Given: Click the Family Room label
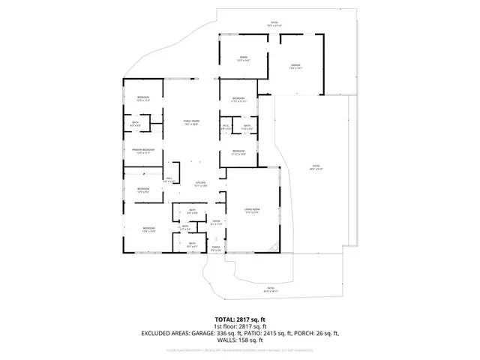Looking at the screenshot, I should point(192,122).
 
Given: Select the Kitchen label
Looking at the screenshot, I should point(200,184).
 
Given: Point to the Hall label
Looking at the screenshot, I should point(169,179).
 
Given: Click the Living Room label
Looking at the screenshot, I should point(251,211).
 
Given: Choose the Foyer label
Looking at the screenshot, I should point(215,222).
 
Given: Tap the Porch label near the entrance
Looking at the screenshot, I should point(215,248).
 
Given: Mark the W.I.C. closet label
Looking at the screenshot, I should point(226,127).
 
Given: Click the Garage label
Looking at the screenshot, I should point(295,66).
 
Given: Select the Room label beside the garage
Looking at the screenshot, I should point(243,58).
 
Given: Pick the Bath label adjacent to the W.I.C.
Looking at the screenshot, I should point(247,127).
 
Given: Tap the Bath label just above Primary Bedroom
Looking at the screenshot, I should point(136,124).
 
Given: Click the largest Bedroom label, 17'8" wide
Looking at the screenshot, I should point(149,229).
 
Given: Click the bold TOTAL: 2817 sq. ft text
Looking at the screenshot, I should point(240,319).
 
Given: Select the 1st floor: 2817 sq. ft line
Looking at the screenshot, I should point(240,326).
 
